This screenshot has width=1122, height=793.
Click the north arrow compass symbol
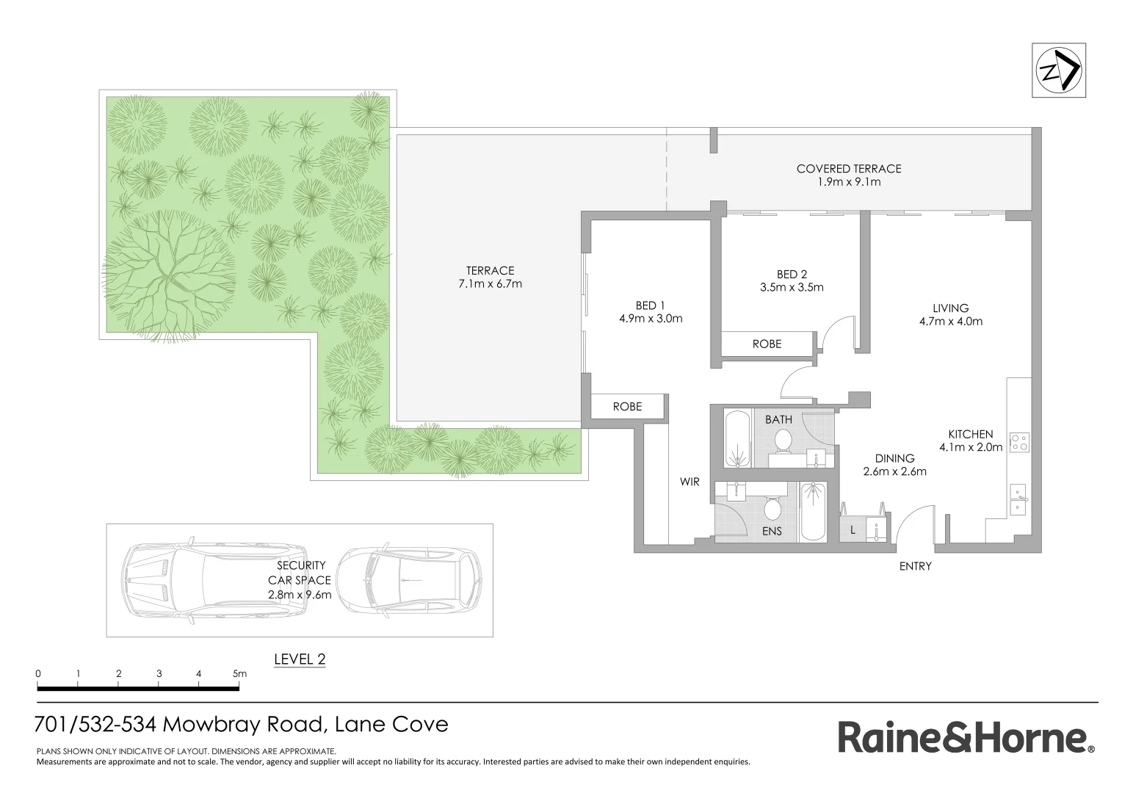(x=1058, y=70)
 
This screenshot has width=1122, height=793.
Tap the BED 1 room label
(x=651, y=305)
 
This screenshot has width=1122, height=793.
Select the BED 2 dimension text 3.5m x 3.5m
(x=792, y=288)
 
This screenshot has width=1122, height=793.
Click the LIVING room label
(x=950, y=308)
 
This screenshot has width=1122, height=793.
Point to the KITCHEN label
(x=970, y=434)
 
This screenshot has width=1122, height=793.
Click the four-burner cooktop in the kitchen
(x=1019, y=443)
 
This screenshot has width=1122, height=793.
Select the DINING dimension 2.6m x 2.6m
(x=894, y=471)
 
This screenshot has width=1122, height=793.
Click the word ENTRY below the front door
(x=915, y=566)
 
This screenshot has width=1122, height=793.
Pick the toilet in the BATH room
(x=782, y=441)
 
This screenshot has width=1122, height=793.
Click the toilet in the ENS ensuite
(x=772, y=509)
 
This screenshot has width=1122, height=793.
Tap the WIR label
(x=690, y=482)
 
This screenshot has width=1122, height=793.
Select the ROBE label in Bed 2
(x=767, y=344)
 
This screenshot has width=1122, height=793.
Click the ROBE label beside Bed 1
(x=627, y=406)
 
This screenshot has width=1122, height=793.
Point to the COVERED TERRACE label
(x=848, y=169)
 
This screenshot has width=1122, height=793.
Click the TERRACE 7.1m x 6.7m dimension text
(x=490, y=283)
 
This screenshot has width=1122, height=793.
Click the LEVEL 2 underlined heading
(x=300, y=659)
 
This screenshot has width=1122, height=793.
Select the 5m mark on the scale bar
(x=239, y=673)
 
